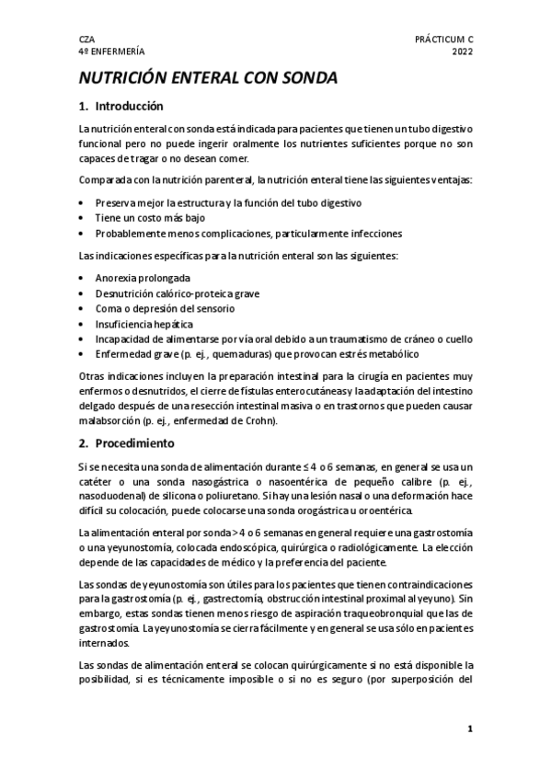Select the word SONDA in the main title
(x=304, y=79)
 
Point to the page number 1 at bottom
(x=469, y=730)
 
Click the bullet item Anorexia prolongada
(x=143, y=277)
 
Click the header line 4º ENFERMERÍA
(x=110, y=53)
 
